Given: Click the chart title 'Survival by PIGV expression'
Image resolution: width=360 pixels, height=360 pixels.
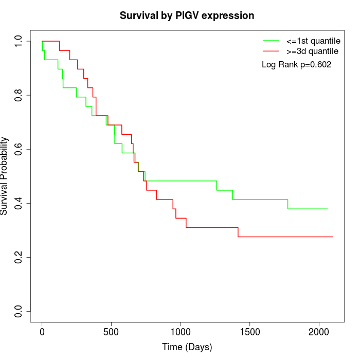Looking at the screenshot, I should pyautogui.click(x=187, y=15).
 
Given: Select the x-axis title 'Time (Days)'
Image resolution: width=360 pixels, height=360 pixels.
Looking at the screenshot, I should pyautogui.click(x=187, y=347).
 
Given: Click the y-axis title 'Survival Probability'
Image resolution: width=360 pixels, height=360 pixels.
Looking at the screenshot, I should pyautogui.click(x=5, y=176).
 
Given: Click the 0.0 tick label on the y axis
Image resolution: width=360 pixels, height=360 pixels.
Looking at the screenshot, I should pyautogui.click(x=19, y=311).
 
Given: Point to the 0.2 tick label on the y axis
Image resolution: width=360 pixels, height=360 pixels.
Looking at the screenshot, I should pyautogui.click(x=19, y=257).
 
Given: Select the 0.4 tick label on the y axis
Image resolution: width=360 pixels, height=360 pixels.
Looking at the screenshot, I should pyautogui.click(x=19, y=203).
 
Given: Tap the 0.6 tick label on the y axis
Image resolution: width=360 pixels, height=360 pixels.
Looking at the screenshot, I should pyautogui.click(x=19, y=149).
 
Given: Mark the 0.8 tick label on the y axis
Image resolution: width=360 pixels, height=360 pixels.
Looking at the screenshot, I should pyautogui.click(x=19, y=95).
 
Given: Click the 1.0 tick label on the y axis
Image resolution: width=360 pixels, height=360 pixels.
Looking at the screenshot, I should pyautogui.click(x=19, y=41).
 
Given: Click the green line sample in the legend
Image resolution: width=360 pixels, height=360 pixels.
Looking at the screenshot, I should pyautogui.click(x=271, y=40).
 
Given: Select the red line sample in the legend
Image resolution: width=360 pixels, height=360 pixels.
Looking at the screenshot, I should pyautogui.click(x=271, y=51).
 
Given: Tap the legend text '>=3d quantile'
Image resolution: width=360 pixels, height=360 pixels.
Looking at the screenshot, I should pyautogui.click(x=312, y=51).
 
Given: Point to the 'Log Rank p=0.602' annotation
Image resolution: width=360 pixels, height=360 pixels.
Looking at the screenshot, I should pyautogui.click(x=296, y=65).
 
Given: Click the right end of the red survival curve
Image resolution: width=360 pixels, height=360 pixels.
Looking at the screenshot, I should pyautogui.click(x=333, y=237).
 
